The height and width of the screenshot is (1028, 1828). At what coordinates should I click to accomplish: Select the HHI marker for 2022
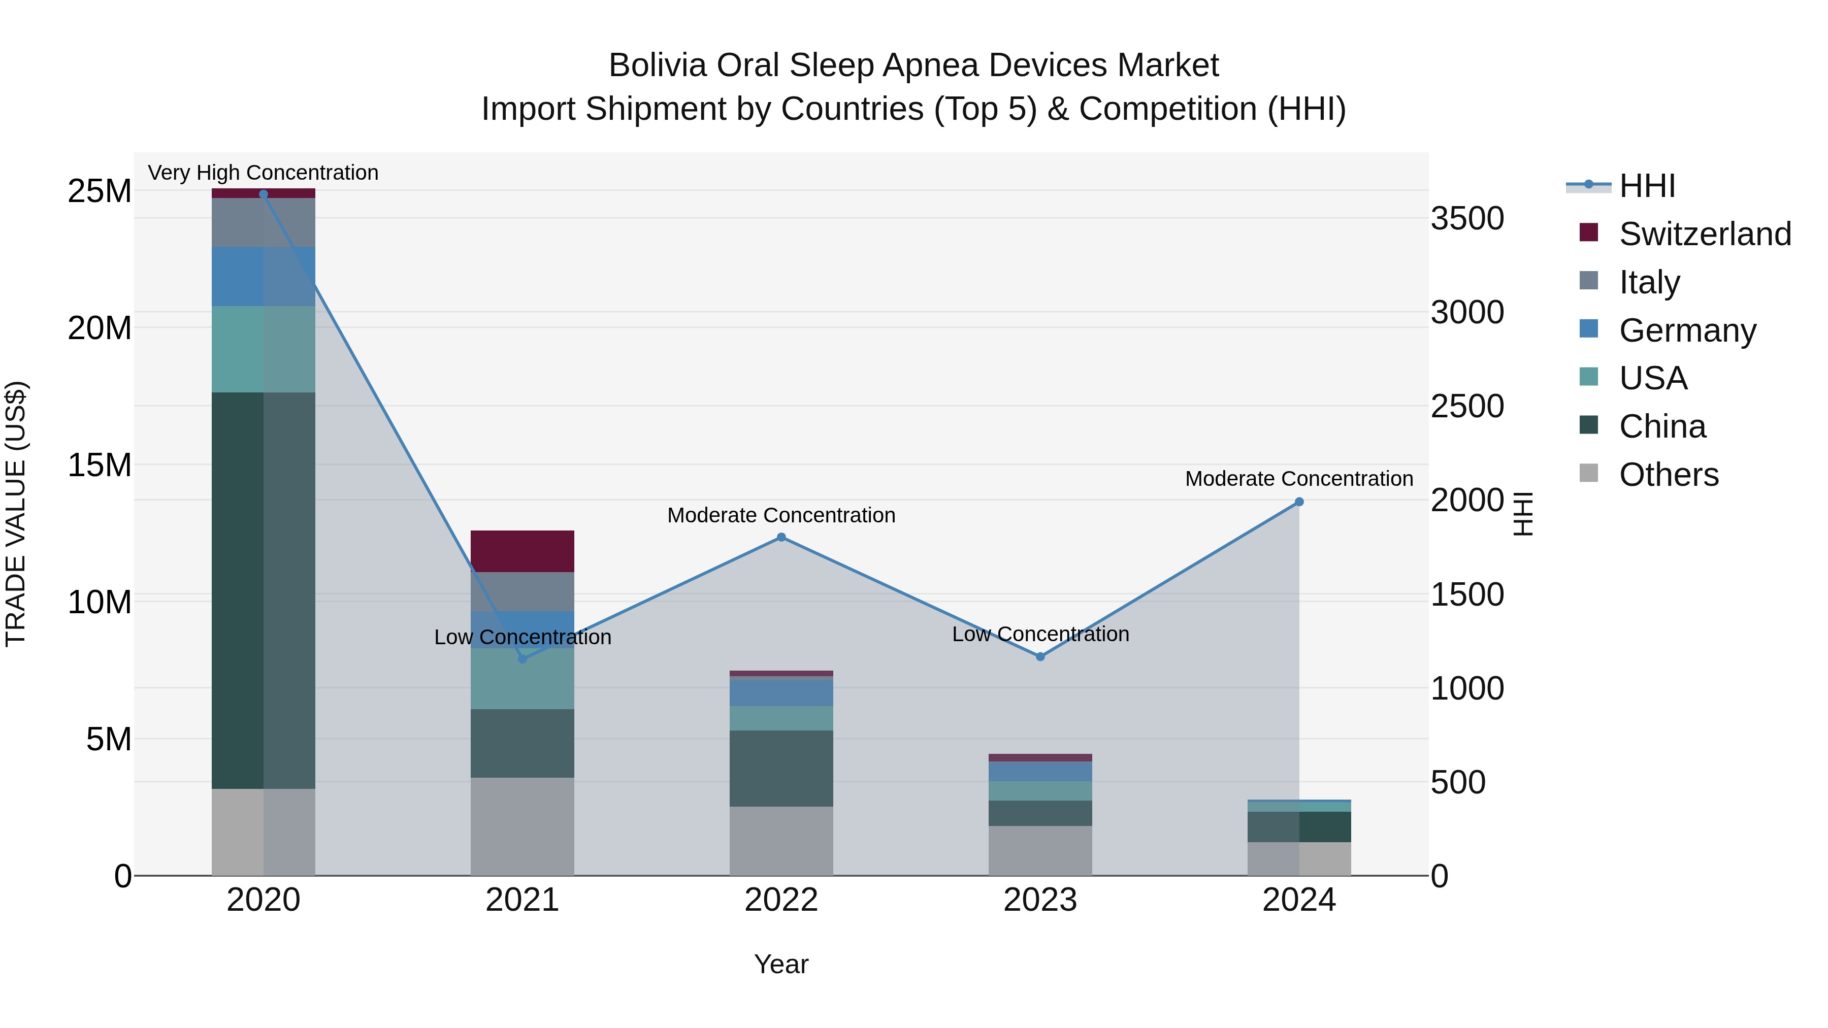[x=781, y=537]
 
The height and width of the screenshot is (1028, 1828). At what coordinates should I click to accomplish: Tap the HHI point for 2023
[x=1040, y=656]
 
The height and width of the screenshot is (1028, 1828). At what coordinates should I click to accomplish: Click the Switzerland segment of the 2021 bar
[x=523, y=550]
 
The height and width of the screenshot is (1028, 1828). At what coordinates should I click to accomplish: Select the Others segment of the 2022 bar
[x=781, y=841]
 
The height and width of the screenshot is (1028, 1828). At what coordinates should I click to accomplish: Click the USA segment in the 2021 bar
[x=523, y=678]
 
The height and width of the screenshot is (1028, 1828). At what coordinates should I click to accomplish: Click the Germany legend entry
[x=1687, y=330]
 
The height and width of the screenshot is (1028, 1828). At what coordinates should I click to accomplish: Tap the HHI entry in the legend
[x=1646, y=186]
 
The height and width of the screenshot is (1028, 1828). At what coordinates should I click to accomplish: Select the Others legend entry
[x=1668, y=475]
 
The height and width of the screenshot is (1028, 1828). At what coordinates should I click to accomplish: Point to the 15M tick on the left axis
[x=100, y=466]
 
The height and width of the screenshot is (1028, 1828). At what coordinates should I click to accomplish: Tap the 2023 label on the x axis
[x=1040, y=900]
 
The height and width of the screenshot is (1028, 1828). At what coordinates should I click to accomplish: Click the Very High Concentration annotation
[x=263, y=173]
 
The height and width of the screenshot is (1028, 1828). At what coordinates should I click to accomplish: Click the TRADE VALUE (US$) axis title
[x=16, y=514]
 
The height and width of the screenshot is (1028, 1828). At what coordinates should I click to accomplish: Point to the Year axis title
[x=781, y=964]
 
